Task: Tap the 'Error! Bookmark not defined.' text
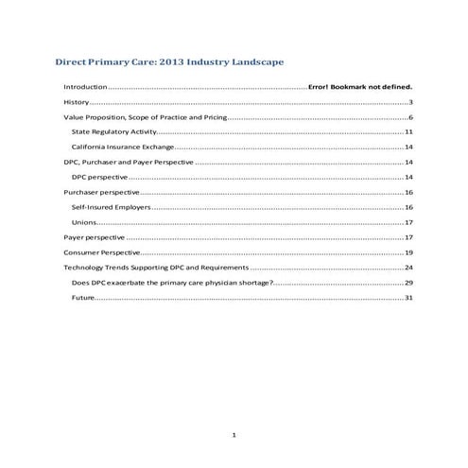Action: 360,86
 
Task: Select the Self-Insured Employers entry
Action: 111,206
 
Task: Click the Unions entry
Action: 83,221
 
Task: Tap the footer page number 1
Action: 234,434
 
